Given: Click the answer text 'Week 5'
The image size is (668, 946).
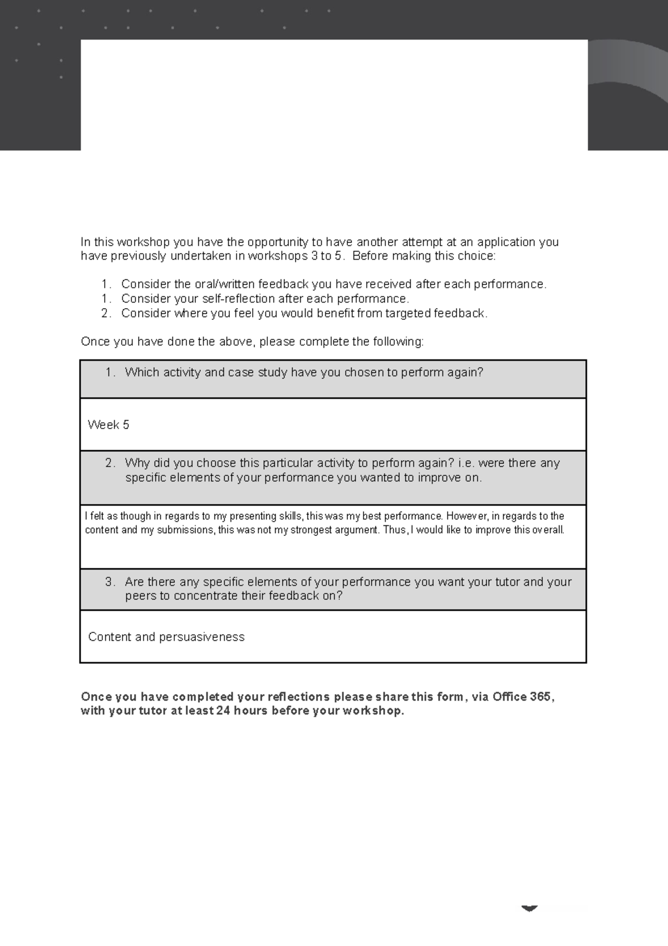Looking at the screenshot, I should click(x=109, y=425).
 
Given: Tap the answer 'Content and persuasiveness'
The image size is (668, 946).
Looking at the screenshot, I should click(x=166, y=637).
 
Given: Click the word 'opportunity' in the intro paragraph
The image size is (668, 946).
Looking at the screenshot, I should click(x=277, y=242).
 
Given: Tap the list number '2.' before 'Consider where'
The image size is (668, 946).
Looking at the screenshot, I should click(x=106, y=313).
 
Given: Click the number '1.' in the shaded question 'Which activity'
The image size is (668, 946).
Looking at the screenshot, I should click(x=110, y=372).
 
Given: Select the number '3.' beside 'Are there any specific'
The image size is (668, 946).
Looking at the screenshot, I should click(x=110, y=582).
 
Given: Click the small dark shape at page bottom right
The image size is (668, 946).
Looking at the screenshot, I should click(x=529, y=908).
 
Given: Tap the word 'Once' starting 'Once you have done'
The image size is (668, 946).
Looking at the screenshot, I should click(x=95, y=342).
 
